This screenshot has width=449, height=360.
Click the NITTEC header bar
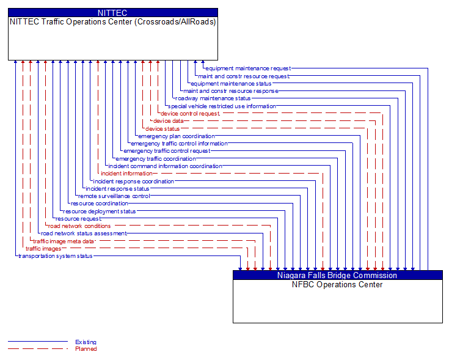tap(113, 12)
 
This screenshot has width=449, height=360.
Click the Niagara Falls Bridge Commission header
tap(337, 275)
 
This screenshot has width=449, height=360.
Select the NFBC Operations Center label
tap(337, 284)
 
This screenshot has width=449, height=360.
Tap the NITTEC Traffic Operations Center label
tap(113, 21)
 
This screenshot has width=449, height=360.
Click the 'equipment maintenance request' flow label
tap(248, 68)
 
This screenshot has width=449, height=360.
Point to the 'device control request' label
tap(190, 113)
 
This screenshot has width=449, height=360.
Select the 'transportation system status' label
tap(56, 256)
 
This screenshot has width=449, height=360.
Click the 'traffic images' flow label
tap(43, 249)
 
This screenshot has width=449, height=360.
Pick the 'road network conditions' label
tap(79, 226)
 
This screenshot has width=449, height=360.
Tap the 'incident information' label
tap(126, 174)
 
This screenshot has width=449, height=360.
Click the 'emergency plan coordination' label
tap(177, 136)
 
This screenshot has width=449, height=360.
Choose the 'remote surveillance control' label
tap(114, 196)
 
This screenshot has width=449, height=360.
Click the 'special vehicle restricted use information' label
tap(222, 106)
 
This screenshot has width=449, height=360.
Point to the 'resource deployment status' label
tap(100, 211)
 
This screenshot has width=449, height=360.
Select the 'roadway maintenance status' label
tap(213, 98)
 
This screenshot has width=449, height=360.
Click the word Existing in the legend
tap(86, 342)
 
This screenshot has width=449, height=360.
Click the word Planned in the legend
tap(86, 349)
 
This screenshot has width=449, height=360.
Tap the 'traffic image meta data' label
tap(64, 241)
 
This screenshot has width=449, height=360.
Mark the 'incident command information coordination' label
tap(165, 166)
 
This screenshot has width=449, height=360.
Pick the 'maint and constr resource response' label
tap(230, 90)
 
